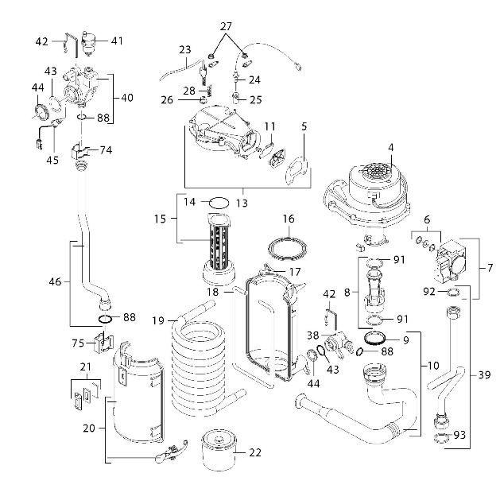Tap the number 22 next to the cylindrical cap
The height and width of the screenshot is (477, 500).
click(254, 452)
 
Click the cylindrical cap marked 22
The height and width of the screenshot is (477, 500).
click(216, 450)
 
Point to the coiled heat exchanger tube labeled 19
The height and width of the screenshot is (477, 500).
click(199, 350)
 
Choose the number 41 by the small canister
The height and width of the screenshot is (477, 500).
click(117, 40)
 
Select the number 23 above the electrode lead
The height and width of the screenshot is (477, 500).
click(184, 49)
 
